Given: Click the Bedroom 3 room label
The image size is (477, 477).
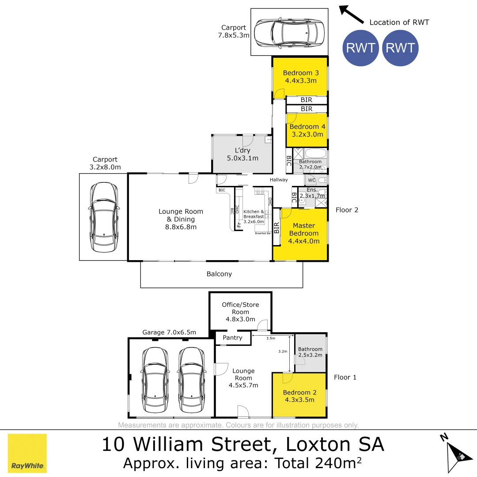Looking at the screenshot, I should [x=301, y=76].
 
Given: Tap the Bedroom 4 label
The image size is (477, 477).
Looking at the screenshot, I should [x=307, y=130].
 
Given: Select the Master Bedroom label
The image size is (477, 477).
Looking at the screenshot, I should [x=304, y=233].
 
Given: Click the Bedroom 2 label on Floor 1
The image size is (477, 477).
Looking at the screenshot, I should [x=299, y=396].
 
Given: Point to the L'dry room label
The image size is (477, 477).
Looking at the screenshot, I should [x=242, y=154].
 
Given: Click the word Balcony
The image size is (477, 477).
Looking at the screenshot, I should [x=219, y=274].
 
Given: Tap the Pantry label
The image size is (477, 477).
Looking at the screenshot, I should [x=232, y=338].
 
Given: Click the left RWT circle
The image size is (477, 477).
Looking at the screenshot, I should [x=360, y=48].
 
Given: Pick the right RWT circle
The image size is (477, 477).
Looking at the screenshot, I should [x=400, y=48].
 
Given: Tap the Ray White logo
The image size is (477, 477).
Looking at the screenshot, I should [x=27, y=453].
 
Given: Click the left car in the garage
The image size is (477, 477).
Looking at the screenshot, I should [x=155, y=380].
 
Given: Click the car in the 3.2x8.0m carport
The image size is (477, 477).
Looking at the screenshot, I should [x=104, y=217].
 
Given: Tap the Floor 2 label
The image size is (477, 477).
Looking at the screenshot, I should [x=347, y=210].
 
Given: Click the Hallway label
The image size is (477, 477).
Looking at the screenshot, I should [x=279, y=180].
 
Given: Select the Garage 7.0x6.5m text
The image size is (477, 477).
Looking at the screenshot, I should [x=169, y=332].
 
